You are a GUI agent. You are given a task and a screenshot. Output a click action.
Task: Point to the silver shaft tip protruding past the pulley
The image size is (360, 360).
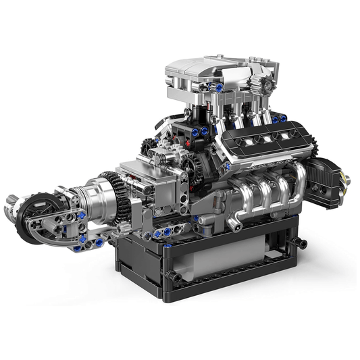click(x=10, y=201)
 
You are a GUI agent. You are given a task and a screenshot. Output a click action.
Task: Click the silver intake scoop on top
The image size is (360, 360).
click(x=203, y=72)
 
